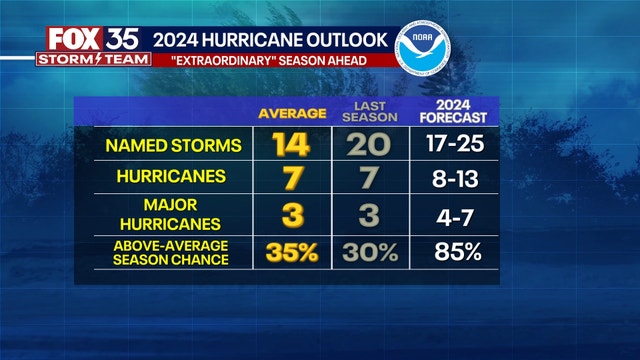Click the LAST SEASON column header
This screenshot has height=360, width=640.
(x=373, y=112)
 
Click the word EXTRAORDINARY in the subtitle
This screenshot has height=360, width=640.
(x=232, y=60)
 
